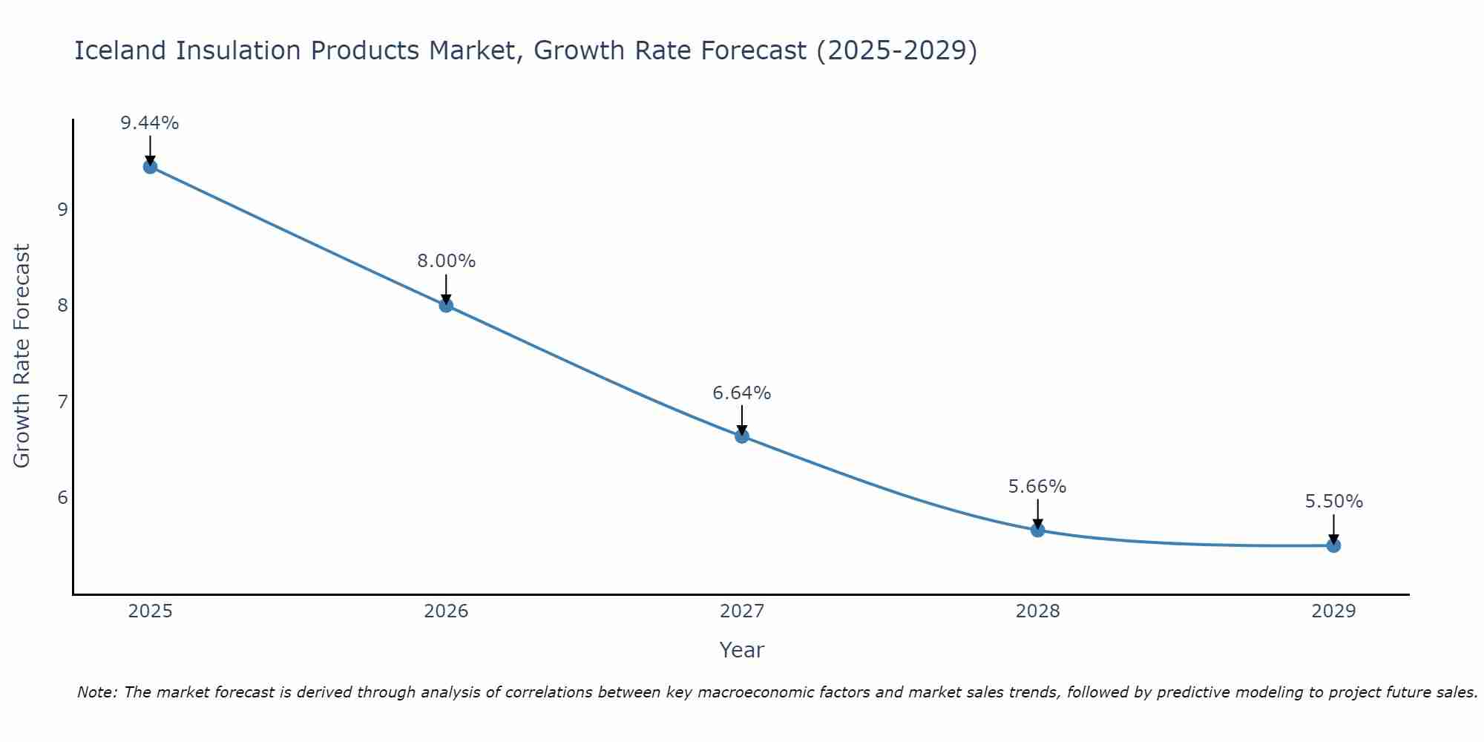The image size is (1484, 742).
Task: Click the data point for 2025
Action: coord(150,166)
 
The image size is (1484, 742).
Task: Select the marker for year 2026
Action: coord(446,305)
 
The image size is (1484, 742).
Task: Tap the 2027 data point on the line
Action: coord(742,436)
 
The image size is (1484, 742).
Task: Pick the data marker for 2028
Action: coord(1037,530)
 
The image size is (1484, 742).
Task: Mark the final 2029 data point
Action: coord(1333,545)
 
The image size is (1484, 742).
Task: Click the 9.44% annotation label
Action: coord(150,123)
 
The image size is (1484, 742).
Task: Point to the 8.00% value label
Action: coord(446,261)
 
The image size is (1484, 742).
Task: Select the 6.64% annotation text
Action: coord(742,393)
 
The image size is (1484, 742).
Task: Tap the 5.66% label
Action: coord(1037,487)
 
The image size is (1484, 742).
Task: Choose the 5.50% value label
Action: coord(1333,502)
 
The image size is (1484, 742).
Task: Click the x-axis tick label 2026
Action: coord(446,611)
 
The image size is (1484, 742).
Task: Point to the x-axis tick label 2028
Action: coord(1037,611)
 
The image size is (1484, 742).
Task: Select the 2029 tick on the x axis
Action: coord(1333,611)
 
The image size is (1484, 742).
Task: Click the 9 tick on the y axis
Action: coord(62,209)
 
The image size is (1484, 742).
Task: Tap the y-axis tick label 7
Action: coord(62,401)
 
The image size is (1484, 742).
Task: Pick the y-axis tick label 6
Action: coord(62,497)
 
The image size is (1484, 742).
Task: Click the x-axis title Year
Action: coord(741,650)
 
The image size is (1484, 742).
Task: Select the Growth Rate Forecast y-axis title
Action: coord(22,356)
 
